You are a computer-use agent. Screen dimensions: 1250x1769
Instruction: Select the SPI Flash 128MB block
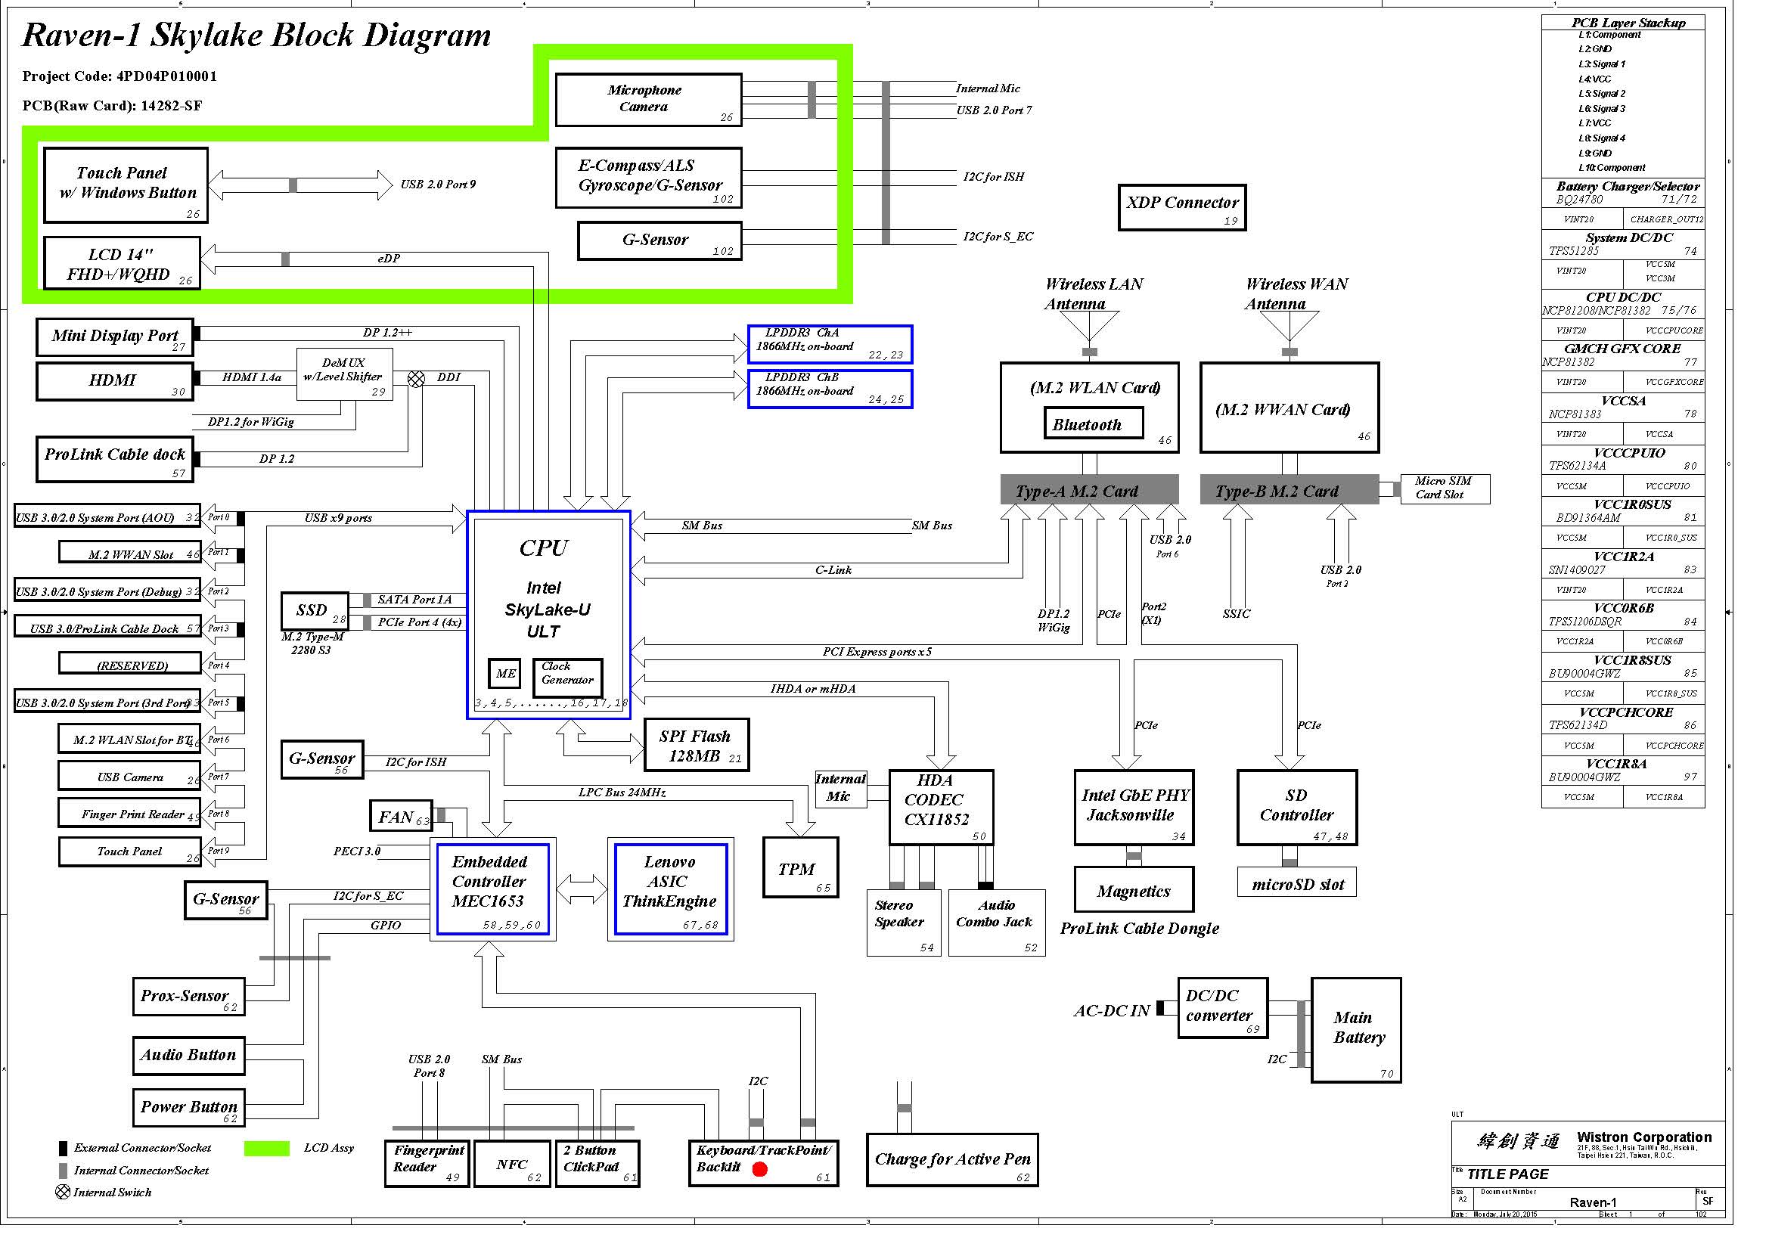[696, 746]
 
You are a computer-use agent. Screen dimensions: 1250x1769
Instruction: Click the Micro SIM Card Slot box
[1444, 489]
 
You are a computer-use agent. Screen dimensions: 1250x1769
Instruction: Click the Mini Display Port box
[115, 337]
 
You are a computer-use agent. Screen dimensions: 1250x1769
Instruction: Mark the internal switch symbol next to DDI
[416, 379]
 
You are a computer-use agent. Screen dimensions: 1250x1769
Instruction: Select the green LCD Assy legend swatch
[266, 1149]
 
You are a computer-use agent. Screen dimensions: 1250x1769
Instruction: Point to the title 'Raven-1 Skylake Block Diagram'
[256, 36]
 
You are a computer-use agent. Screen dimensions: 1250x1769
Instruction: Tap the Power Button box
[189, 1108]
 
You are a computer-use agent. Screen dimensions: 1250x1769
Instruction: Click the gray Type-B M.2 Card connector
[1288, 491]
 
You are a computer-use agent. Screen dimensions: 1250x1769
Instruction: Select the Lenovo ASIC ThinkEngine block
[669, 889]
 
